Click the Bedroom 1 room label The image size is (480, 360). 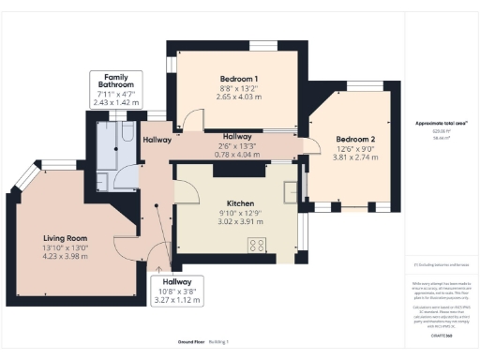click(237, 78)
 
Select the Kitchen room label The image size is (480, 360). click(241, 202)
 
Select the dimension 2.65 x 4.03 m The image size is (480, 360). click(237, 97)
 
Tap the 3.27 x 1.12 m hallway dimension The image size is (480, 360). click(177, 300)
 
